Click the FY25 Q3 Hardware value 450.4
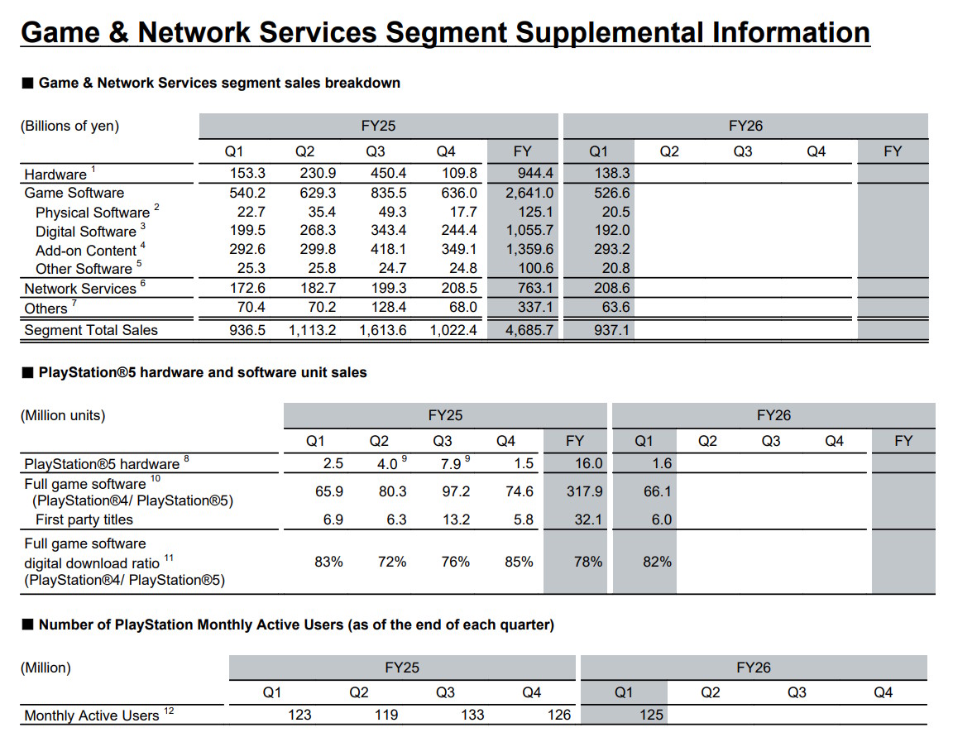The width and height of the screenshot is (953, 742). [x=388, y=173]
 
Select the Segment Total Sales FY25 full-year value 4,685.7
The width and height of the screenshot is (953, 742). [x=529, y=331]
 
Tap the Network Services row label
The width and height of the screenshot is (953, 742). [x=80, y=289]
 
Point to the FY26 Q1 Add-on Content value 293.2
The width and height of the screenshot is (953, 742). [x=612, y=249]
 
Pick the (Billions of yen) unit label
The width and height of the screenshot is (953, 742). [x=69, y=126]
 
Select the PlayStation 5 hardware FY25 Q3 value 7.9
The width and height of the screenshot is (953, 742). [x=451, y=464]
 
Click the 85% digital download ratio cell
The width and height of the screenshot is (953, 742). [x=519, y=562]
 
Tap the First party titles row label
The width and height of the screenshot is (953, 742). [x=84, y=519]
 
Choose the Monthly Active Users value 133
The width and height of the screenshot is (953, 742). [x=472, y=715]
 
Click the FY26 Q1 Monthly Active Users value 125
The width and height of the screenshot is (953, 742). [x=651, y=715]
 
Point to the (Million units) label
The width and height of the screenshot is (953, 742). [x=63, y=415]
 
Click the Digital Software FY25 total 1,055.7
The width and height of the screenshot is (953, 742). [x=529, y=230]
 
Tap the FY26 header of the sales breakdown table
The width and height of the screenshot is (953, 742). [x=745, y=126]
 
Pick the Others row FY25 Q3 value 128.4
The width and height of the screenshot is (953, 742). [x=388, y=308]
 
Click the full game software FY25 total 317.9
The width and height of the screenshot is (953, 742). [x=585, y=491]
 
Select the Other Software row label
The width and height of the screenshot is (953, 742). [x=84, y=269]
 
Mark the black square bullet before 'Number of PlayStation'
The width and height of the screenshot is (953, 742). [x=28, y=625]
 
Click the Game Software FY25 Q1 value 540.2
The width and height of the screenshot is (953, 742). [x=247, y=193]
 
